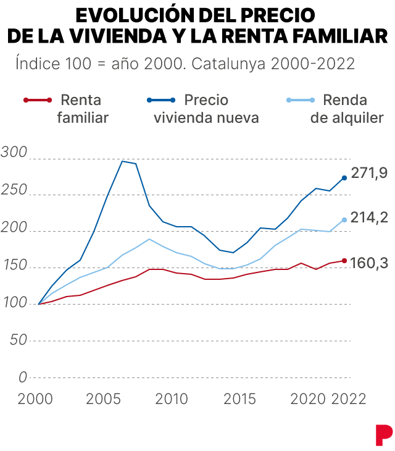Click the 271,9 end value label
point(369,173)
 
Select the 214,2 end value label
point(369,217)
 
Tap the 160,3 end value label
point(369,263)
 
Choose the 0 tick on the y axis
point(23,377)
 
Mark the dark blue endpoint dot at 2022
point(344,178)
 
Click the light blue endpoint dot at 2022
point(344,220)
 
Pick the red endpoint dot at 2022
point(344,260)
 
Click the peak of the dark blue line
point(122,161)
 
